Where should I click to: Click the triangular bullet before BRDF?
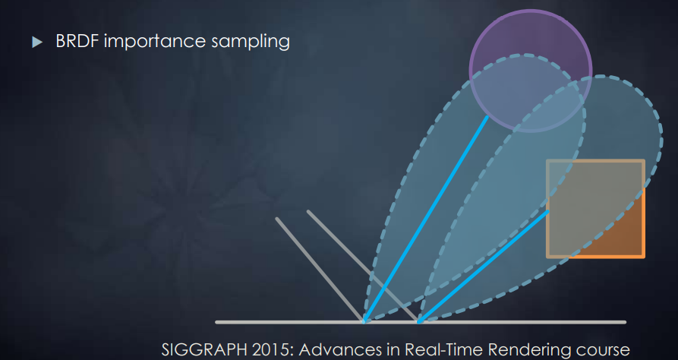point(37,42)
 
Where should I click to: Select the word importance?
point(155,42)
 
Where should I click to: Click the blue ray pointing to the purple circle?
point(425,219)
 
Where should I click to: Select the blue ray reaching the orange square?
point(483,267)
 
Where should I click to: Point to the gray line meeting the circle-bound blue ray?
point(320,270)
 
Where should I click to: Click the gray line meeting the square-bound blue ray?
point(363,267)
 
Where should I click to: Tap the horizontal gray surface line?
point(421,322)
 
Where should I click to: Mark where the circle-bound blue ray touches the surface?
point(364,322)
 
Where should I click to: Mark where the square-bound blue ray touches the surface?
point(418,322)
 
